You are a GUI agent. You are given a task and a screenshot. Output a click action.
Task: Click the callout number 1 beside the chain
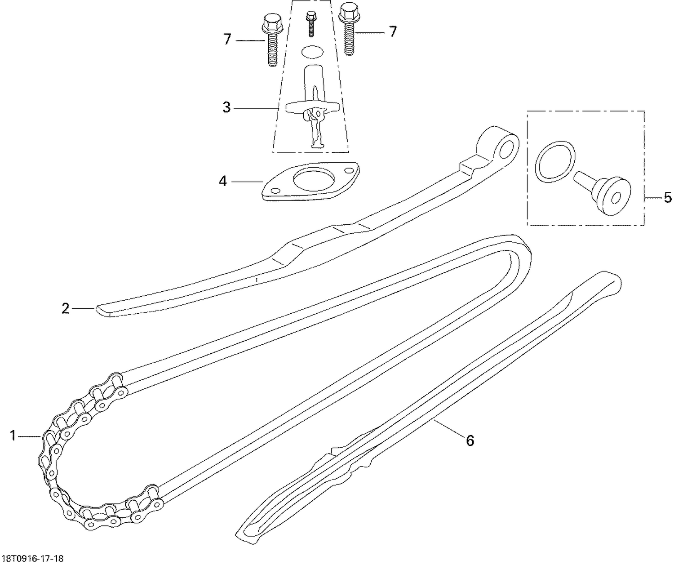tap(13, 435)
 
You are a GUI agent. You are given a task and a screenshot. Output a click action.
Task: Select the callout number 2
tap(66, 308)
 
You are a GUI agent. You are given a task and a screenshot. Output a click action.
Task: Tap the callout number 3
tap(226, 107)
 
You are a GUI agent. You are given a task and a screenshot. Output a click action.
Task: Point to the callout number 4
tap(223, 181)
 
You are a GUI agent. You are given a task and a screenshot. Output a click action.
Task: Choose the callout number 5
tap(668, 197)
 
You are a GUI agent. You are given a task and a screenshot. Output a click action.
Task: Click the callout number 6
tap(470, 440)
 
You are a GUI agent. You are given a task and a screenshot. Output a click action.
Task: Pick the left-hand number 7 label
tap(227, 40)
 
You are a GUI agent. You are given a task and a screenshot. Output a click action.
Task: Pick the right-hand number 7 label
tap(392, 31)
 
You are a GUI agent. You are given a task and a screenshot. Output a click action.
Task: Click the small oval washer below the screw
tap(311, 52)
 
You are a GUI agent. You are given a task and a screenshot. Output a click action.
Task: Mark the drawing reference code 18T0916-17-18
tap(32, 559)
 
